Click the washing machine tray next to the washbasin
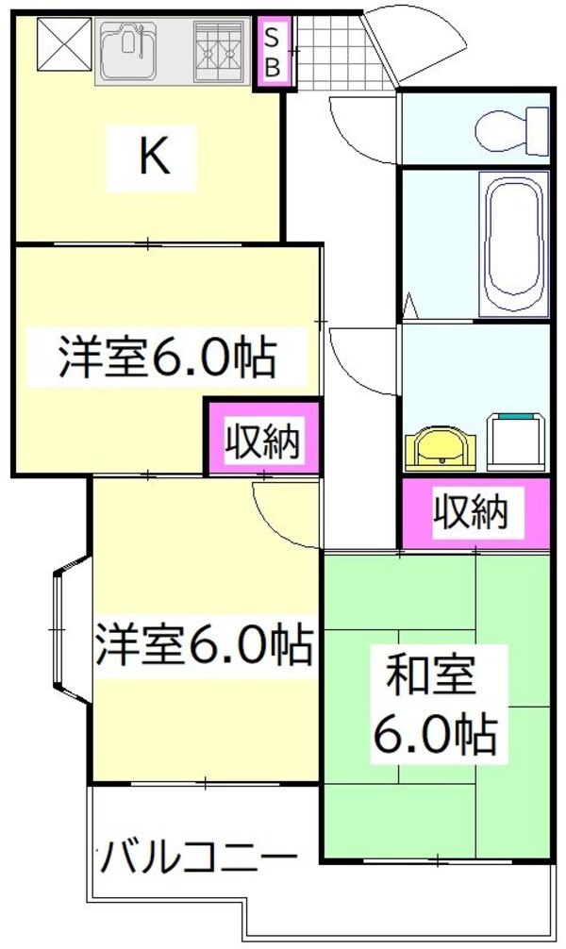click(x=517, y=441)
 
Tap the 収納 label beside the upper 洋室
click(x=264, y=441)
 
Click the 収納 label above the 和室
click(x=472, y=511)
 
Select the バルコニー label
click(x=199, y=859)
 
